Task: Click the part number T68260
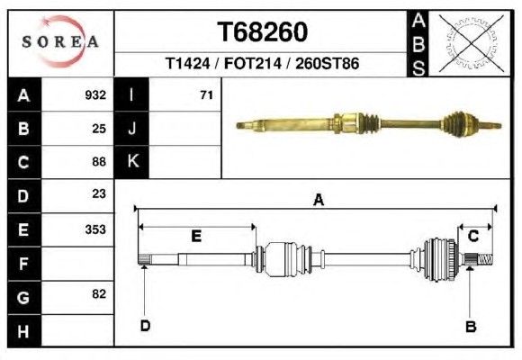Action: point(262,32)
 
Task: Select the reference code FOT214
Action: point(253,63)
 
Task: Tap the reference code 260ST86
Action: point(328,63)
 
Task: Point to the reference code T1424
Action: point(188,63)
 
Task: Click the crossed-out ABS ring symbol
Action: point(471,43)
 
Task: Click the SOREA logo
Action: point(60,41)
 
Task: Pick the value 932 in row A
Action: point(95,95)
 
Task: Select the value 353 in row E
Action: point(95,229)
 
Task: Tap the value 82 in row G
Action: point(99,294)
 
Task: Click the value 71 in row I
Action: point(206,95)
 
